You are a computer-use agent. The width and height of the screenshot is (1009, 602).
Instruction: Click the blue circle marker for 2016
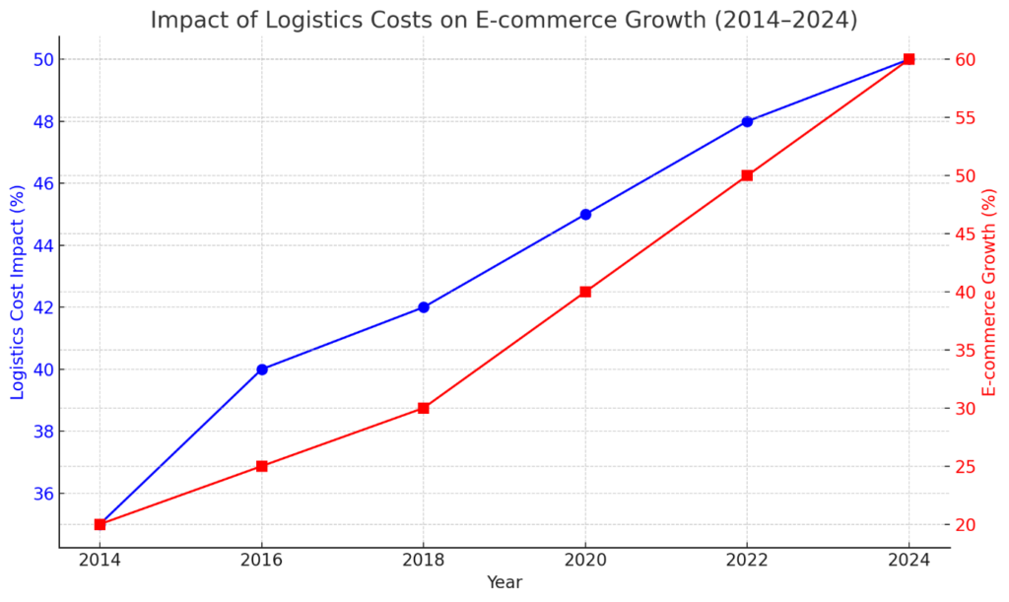click(262, 369)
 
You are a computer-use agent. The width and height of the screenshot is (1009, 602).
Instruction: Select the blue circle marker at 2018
click(424, 307)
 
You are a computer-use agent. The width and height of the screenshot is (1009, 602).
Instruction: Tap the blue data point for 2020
click(585, 214)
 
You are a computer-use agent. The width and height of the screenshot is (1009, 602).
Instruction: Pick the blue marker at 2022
click(747, 121)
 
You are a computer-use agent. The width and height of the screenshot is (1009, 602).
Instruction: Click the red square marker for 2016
click(262, 466)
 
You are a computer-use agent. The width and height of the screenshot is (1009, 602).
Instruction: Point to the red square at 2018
click(424, 408)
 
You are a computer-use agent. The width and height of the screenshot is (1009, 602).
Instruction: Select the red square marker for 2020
click(585, 292)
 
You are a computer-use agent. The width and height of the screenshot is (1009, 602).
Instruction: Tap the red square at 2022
click(747, 175)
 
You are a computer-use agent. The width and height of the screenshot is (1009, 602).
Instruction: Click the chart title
click(504, 20)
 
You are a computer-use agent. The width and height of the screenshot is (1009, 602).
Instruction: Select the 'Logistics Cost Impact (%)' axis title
click(17, 293)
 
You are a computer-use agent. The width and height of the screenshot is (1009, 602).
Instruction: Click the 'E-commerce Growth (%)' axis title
click(989, 293)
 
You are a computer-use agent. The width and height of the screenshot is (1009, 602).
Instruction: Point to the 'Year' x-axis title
click(504, 582)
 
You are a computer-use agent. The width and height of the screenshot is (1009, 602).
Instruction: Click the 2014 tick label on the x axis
click(100, 561)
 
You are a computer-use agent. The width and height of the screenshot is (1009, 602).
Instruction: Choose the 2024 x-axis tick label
click(908, 561)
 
